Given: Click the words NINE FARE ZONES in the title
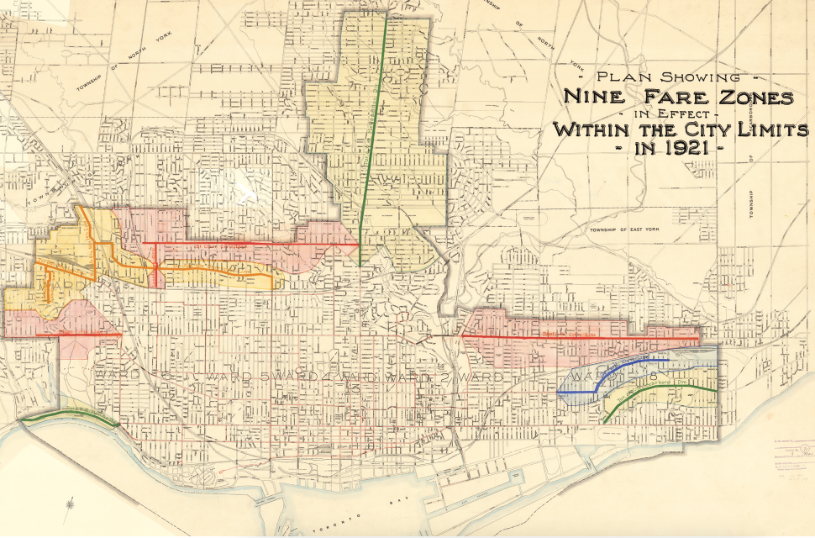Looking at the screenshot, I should pyautogui.click(x=677, y=97).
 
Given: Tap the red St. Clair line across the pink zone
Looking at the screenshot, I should pyautogui.click(x=252, y=243).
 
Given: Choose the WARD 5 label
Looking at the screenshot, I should pyautogui.click(x=223, y=375).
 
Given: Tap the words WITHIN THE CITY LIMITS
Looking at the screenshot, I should pyautogui.click(x=680, y=130).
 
